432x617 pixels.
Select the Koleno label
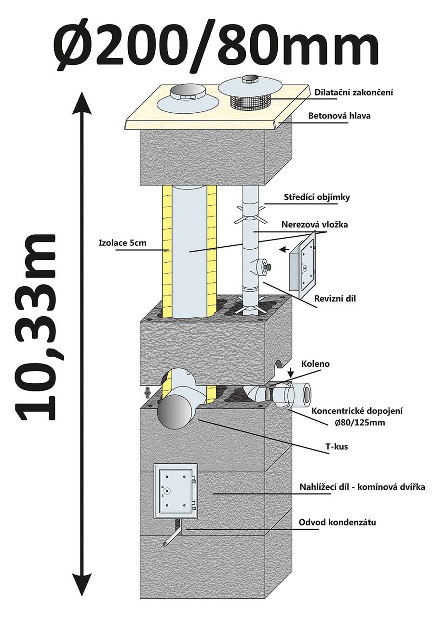(x=316, y=363)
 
